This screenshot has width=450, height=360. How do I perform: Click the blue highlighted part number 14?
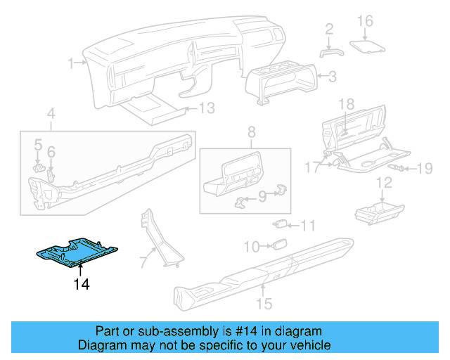coord(77,253)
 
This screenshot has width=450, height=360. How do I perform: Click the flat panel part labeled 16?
coord(368,46)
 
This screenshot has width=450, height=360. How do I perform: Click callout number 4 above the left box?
coord(51,112)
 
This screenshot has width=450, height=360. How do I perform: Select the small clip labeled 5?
coord(40,167)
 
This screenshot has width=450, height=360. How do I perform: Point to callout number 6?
coord(51,152)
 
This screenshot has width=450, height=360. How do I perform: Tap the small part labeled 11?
coord(281,224)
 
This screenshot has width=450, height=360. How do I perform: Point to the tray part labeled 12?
coord(378,209)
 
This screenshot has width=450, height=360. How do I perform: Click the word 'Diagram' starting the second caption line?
coord(100,345)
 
